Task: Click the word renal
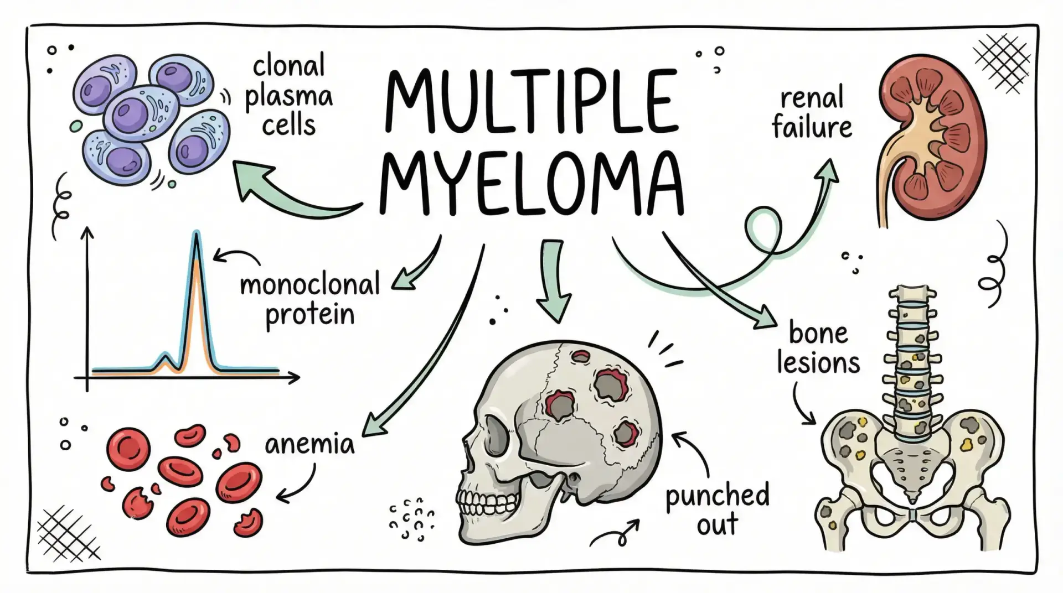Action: pos(812,98)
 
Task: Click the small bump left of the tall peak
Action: pos(164,357)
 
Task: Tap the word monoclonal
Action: pos(310,285)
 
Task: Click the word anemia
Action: pos(309,444)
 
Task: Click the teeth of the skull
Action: pos(487,503)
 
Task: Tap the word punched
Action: pos(717,495)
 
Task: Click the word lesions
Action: pos(818,363)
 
